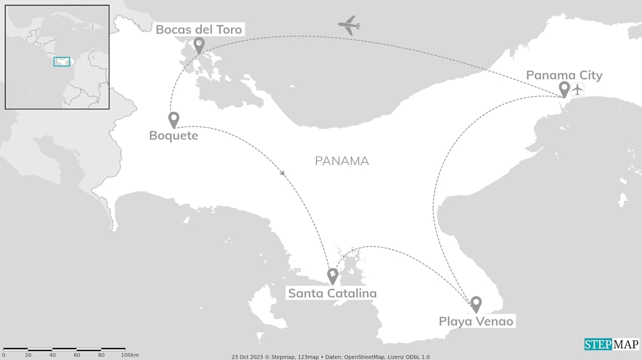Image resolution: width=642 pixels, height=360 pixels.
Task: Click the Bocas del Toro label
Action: (x=199, y=30)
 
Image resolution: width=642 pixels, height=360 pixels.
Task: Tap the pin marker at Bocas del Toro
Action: (x=199, y=45)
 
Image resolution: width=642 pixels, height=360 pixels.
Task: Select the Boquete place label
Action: (x=174, y=135)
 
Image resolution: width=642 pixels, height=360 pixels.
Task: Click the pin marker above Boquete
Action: (x=174, y=119)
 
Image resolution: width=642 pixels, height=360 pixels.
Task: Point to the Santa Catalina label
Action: (x=332, y=293)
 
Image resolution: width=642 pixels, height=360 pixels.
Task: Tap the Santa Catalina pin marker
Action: (x=332, y=275)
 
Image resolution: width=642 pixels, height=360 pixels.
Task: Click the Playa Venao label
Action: (x=476, y=321)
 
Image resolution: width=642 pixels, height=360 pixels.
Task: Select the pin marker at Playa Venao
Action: (x=476, y=303)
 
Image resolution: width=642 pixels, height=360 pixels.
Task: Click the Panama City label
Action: (x=564, y=76)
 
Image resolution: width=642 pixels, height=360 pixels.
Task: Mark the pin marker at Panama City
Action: (x=564, y=89)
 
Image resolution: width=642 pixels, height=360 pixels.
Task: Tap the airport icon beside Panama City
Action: (x=578, y=90)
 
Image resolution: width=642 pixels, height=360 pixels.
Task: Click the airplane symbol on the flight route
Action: (x=349, y=25)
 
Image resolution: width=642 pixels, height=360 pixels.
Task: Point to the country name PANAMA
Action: (x=342, y=161)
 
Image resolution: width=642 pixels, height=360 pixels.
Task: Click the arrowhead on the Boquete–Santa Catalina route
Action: (x=282, y=173)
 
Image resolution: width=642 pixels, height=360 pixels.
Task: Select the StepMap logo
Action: (x=611, y=344)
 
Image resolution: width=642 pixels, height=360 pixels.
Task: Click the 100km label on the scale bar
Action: (x=129, y=355)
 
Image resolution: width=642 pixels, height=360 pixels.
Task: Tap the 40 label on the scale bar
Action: (x=53, y=355)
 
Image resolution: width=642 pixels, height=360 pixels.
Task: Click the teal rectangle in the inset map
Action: (x=62, y=62)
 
